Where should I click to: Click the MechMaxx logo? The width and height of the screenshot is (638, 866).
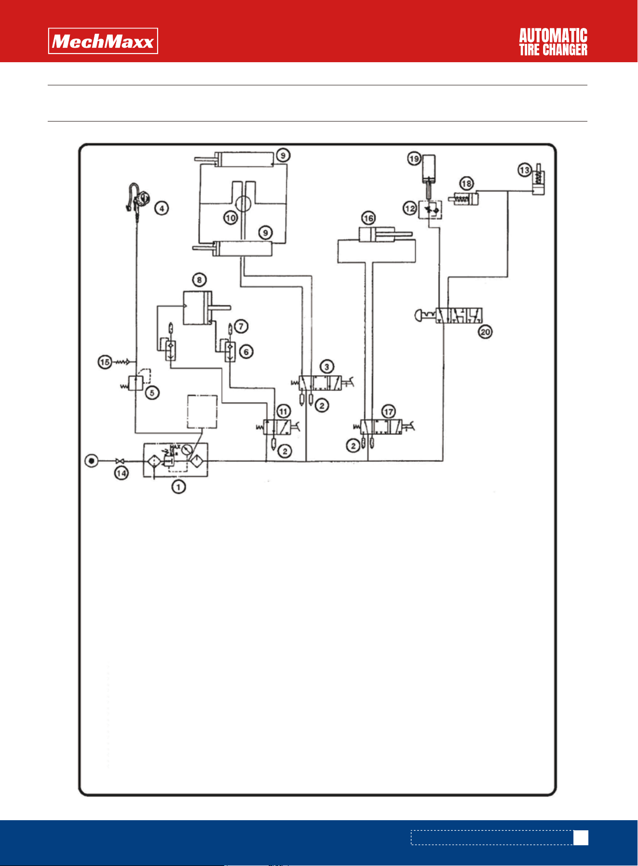pyautogui.click(x=103, y=41)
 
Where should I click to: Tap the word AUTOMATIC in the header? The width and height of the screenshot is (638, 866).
pyautogui.click(x=553, y=36)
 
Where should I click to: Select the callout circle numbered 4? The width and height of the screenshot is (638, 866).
pyautogui.click(x=161, y=208)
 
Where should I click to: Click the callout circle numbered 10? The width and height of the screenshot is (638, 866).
pyautogui.click(x=231, y=218)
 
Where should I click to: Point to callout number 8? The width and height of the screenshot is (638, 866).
pyautogui.click(x=199, y=280)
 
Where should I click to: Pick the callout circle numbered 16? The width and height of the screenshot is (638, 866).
pyautogui.click(x=369, y=218)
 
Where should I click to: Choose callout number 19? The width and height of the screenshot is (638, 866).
pyautogui.click(x=414, y=159)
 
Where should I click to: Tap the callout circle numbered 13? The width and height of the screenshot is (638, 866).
pyautogui.click(x=525, y=170)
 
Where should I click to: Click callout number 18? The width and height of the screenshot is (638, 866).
pyautogui.click(x=466, y=184)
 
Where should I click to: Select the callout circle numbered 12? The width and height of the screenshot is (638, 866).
pyautogui.click(x=410, y=208)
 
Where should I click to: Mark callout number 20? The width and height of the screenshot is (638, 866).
pyautogui.click(x=485, y=332)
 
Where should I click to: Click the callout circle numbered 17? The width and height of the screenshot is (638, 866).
pyautogui.click(x=388, y=411)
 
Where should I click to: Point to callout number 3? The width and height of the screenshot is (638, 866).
pyautogui.click(x=327, y=366)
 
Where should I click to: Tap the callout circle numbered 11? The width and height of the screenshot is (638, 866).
pyautogui.click(x=283, y=411)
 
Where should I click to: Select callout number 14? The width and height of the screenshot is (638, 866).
pyautogui.click(x=121, y=473)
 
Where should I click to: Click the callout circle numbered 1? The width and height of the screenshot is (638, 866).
pyautogui.click(x=178, y=487)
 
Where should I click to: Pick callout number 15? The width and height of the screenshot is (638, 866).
pyautogui.click(x=105, y=362)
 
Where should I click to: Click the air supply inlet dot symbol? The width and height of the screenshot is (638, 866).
pyautogui.click(x=91, y=461)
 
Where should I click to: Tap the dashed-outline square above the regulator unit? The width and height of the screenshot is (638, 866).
pyautogui.click(x=202, y=411)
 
